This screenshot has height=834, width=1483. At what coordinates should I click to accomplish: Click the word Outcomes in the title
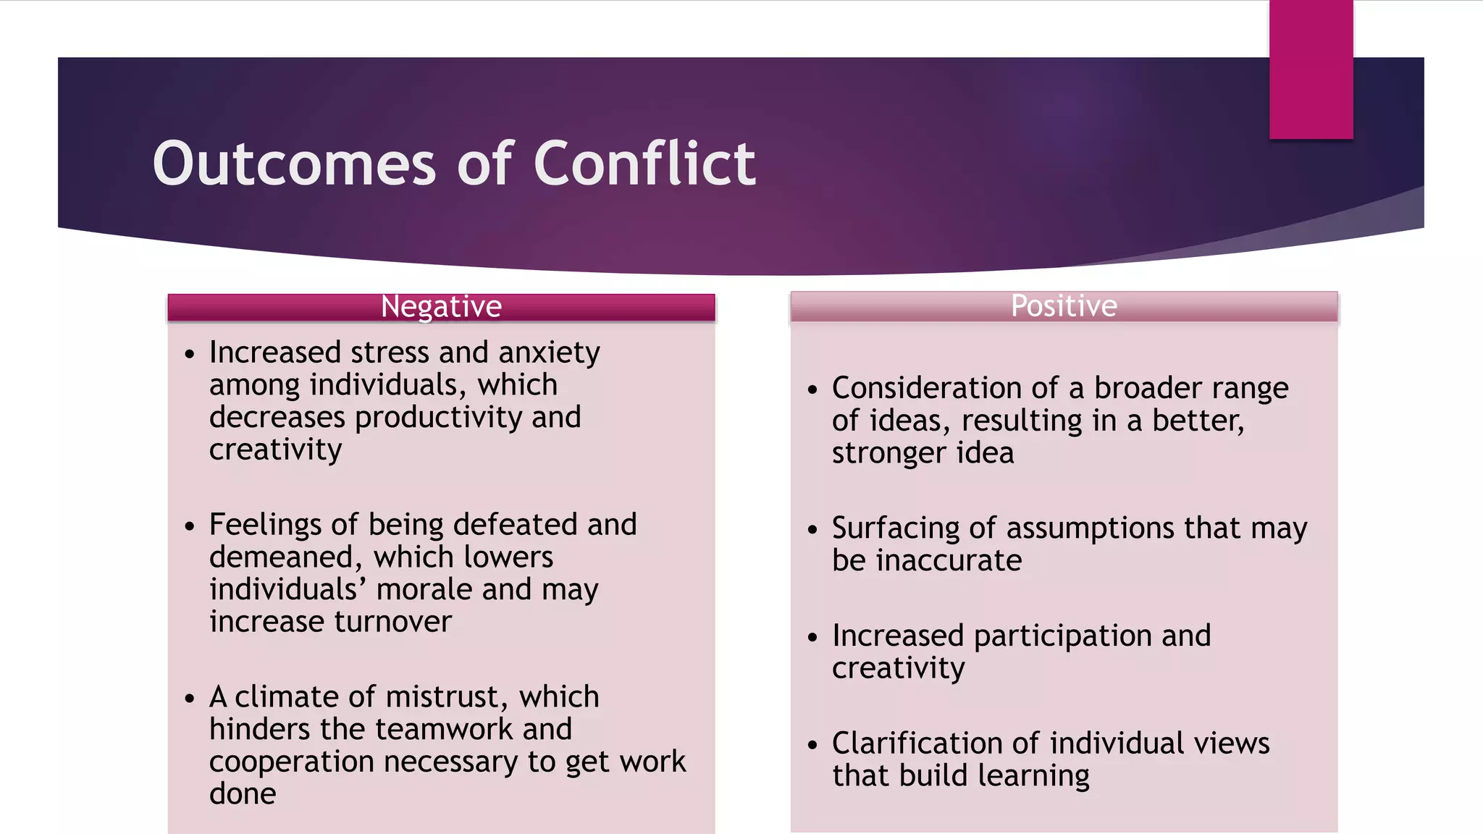(294, 164)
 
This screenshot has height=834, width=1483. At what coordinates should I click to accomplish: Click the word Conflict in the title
(644, 164)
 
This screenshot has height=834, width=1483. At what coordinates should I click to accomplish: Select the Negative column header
(441, 306)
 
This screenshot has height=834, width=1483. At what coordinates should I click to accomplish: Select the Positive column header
(1064, 306)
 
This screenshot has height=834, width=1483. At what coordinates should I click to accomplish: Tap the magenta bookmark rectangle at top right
(1311, 69)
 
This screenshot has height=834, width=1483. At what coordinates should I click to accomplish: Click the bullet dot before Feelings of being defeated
(190, 526)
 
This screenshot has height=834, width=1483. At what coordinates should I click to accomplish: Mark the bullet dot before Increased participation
(812, 637)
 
